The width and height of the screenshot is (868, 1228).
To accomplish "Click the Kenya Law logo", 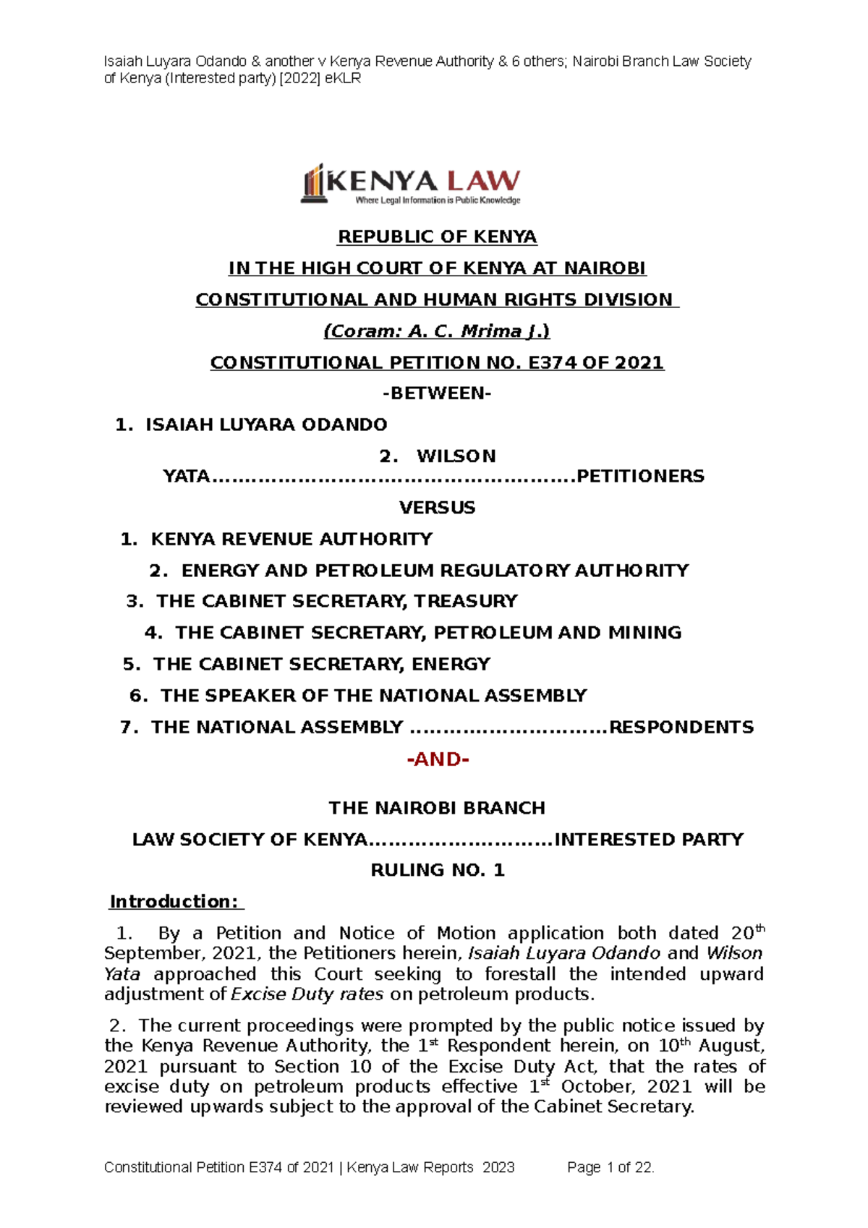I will click(410, 184).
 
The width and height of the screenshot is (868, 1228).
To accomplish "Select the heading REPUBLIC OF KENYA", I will click(437, 237).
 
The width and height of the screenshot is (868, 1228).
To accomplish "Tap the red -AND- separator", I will click(438, 759).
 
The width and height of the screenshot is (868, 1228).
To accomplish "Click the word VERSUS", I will click(437, 508).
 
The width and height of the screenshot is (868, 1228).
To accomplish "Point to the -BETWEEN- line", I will click(437, 393).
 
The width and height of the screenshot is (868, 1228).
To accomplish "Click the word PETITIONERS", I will click(640, 477).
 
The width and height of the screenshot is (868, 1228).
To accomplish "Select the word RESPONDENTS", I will click(681, 728).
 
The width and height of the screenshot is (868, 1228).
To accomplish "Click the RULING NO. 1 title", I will click(437, 870).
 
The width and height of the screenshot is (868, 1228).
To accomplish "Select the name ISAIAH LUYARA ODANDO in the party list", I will click(266, 425).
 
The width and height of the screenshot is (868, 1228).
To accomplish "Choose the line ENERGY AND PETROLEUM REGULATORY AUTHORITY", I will click(435, 571).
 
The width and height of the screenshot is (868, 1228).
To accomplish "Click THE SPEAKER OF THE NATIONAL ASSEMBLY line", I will click(373, 696).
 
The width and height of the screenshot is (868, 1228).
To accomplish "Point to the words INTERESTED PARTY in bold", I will click(649, 840).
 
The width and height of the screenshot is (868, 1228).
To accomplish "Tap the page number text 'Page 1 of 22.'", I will click(610, 1167).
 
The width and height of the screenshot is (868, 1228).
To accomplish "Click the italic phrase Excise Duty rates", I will click(307, 994).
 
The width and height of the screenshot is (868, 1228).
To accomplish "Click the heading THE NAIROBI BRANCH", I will click(437, 808).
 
